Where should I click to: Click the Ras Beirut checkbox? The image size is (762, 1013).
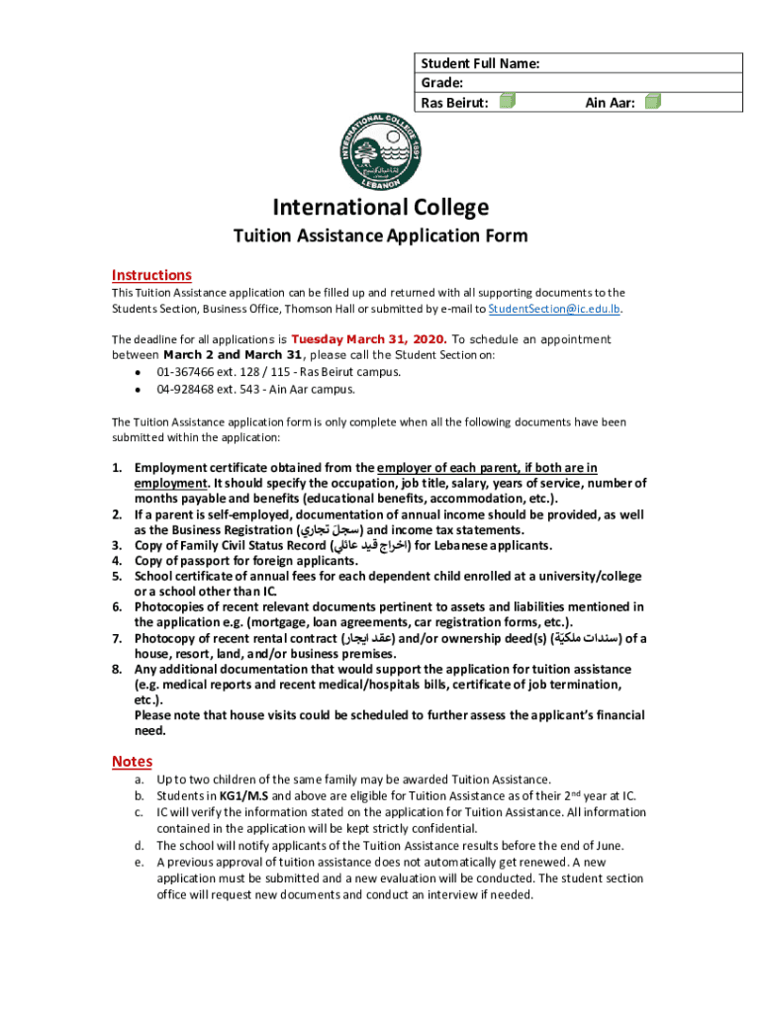click(x=507, y=101)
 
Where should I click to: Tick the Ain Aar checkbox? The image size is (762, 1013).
click(x=652, y=101)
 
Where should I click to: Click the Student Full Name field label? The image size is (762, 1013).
click(x=480, y=63)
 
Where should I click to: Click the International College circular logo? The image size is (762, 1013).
click(x=381, y=153)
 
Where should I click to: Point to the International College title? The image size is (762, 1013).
click(x=381, y=208)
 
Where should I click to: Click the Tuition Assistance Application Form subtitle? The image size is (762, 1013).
click(x=380, y=236)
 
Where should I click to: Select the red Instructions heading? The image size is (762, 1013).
click(x=151, y=275)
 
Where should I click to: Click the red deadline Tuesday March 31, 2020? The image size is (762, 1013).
click(x=369, y=339)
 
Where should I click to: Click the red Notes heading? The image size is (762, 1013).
click(x=132, y=761)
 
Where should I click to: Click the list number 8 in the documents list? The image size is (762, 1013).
click(x=116, y=670)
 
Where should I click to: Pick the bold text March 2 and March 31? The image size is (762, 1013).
click(x=234, y=355)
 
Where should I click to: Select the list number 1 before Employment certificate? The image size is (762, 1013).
click(x=116, y=468)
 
